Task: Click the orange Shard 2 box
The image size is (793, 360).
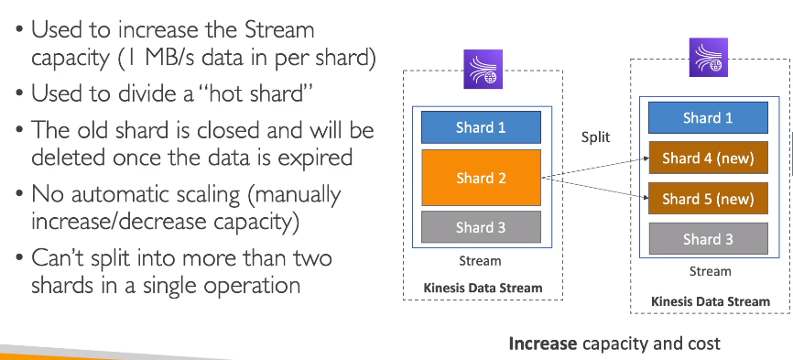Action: (x=481, y=178)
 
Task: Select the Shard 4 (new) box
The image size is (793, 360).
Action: (x=708, y=158)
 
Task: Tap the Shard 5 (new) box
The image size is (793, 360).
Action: (x=708, y=199)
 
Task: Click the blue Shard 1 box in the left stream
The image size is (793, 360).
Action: (x=481, y=127)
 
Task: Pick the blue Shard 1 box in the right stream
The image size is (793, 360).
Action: (x=708, y=118)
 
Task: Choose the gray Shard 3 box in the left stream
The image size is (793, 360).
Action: (x=481, y=227)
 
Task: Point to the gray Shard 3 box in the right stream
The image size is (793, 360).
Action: (x=708, y=239)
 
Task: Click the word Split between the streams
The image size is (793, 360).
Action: (x=595, y=137)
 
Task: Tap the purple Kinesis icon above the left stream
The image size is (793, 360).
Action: (x=483, y=70)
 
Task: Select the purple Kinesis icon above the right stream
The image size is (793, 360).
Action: (x=709, y=57)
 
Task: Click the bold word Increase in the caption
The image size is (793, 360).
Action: (x=542, y=344)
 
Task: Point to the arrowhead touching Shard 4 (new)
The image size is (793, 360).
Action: (x=646, y=158)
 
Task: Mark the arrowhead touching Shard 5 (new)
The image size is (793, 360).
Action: (x=646, y=198)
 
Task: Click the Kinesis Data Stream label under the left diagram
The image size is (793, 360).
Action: (x=483, y=289)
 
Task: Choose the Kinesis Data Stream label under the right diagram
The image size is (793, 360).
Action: (x=710, y=302)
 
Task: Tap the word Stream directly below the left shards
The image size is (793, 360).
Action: (x=480, y=261)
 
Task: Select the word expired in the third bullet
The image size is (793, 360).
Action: (x=317, y=158)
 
